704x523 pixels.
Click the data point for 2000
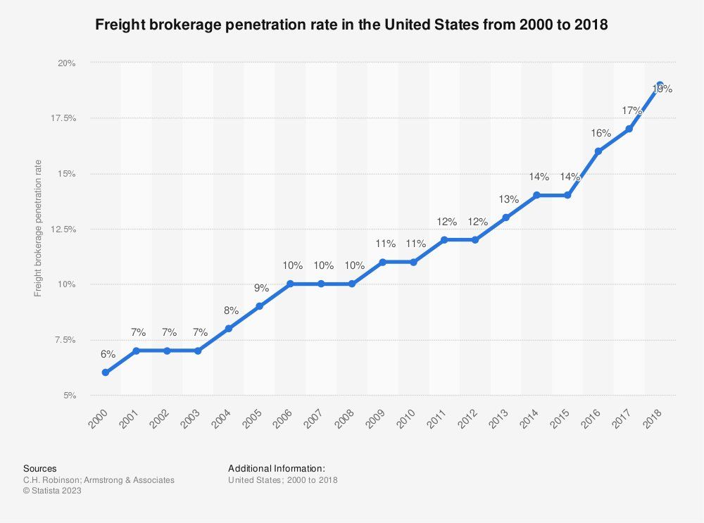pyautogui.click(x=106, y=372)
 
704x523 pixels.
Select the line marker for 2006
pyautogui.click(x=290, y=284)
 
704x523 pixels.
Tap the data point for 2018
pyautogui.click(x=660, y=84)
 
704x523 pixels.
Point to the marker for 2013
pyautogui.click(x=505, y=218)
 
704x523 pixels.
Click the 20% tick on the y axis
pyautogui.click(x=66, y=63)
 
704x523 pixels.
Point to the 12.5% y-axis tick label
pyautogui.click(x=63, y=229)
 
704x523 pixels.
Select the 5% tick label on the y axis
pyautogui.click(x=68, y=396)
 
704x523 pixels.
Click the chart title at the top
pyautogui.click(x=351, y=25)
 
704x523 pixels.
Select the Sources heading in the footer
pyautogui.click(x=40, y=468)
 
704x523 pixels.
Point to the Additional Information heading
pyautogui.click(x=277, y=468)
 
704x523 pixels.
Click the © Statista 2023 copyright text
pyautogui.click(x=53, y=491)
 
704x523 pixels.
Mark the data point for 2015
pyautogui.click(x=567, y=195)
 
